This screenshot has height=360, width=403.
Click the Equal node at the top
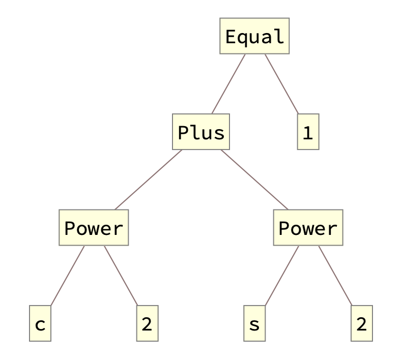point(254,36)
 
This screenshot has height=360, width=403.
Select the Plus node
point(201,132)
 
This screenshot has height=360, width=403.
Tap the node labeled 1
point(308,132)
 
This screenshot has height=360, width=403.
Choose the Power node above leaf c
point(94,228)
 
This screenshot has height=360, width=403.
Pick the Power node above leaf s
point(308,228)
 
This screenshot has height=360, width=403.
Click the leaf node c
point(40,324)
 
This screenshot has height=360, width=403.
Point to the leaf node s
point(254,324)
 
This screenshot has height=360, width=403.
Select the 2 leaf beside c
point(147,324)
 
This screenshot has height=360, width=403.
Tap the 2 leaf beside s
point(361,324)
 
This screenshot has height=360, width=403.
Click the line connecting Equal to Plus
point(228,84)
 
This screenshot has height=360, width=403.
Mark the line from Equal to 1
point(281,84)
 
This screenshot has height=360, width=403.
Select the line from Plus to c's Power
point(148,180)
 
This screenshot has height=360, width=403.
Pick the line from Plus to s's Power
point(254,180)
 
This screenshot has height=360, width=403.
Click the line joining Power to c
point(67,276)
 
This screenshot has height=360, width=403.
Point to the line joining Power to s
point(281,276)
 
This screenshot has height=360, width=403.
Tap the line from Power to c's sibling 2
point(121,276)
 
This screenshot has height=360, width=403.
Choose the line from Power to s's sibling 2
point(335,276)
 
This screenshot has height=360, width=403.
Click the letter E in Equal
point(231,37)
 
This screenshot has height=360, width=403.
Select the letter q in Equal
point(243,38)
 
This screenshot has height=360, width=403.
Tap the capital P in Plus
point(184,133)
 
